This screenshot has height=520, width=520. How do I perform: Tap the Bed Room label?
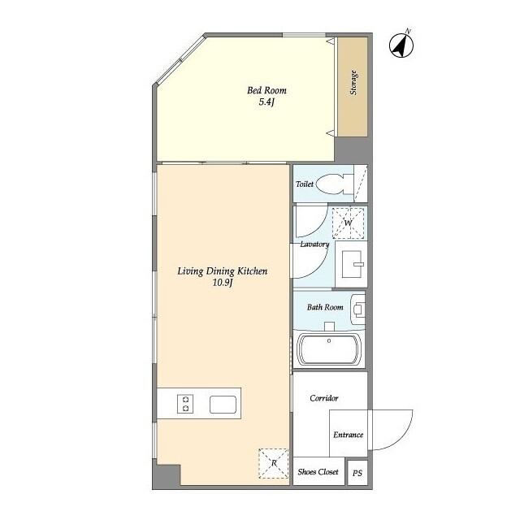267,90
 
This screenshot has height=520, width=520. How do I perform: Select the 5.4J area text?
267,102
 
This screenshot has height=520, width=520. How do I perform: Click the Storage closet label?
353,84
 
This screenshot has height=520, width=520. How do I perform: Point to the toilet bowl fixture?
331,184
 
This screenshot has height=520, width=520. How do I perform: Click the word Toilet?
305,184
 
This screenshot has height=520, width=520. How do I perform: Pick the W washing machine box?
348,223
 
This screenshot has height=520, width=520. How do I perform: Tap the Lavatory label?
314,244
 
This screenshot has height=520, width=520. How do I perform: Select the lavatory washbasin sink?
352,263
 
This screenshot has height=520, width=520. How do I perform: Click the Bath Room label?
325,307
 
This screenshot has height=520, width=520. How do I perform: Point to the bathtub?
329,350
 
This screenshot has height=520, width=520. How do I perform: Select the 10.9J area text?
223,283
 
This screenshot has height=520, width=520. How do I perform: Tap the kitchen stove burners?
186,404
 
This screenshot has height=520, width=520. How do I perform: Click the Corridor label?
324,398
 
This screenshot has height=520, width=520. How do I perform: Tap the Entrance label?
348,435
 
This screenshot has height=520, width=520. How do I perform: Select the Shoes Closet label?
318,471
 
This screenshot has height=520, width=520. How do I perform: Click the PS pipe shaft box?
357,472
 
